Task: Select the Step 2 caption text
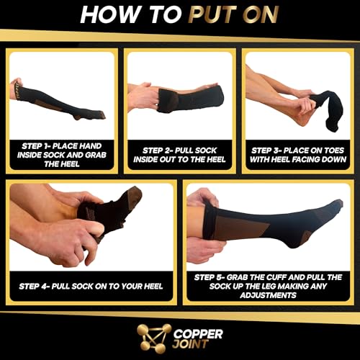click(179, 153)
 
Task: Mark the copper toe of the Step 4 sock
click(132, 196)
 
